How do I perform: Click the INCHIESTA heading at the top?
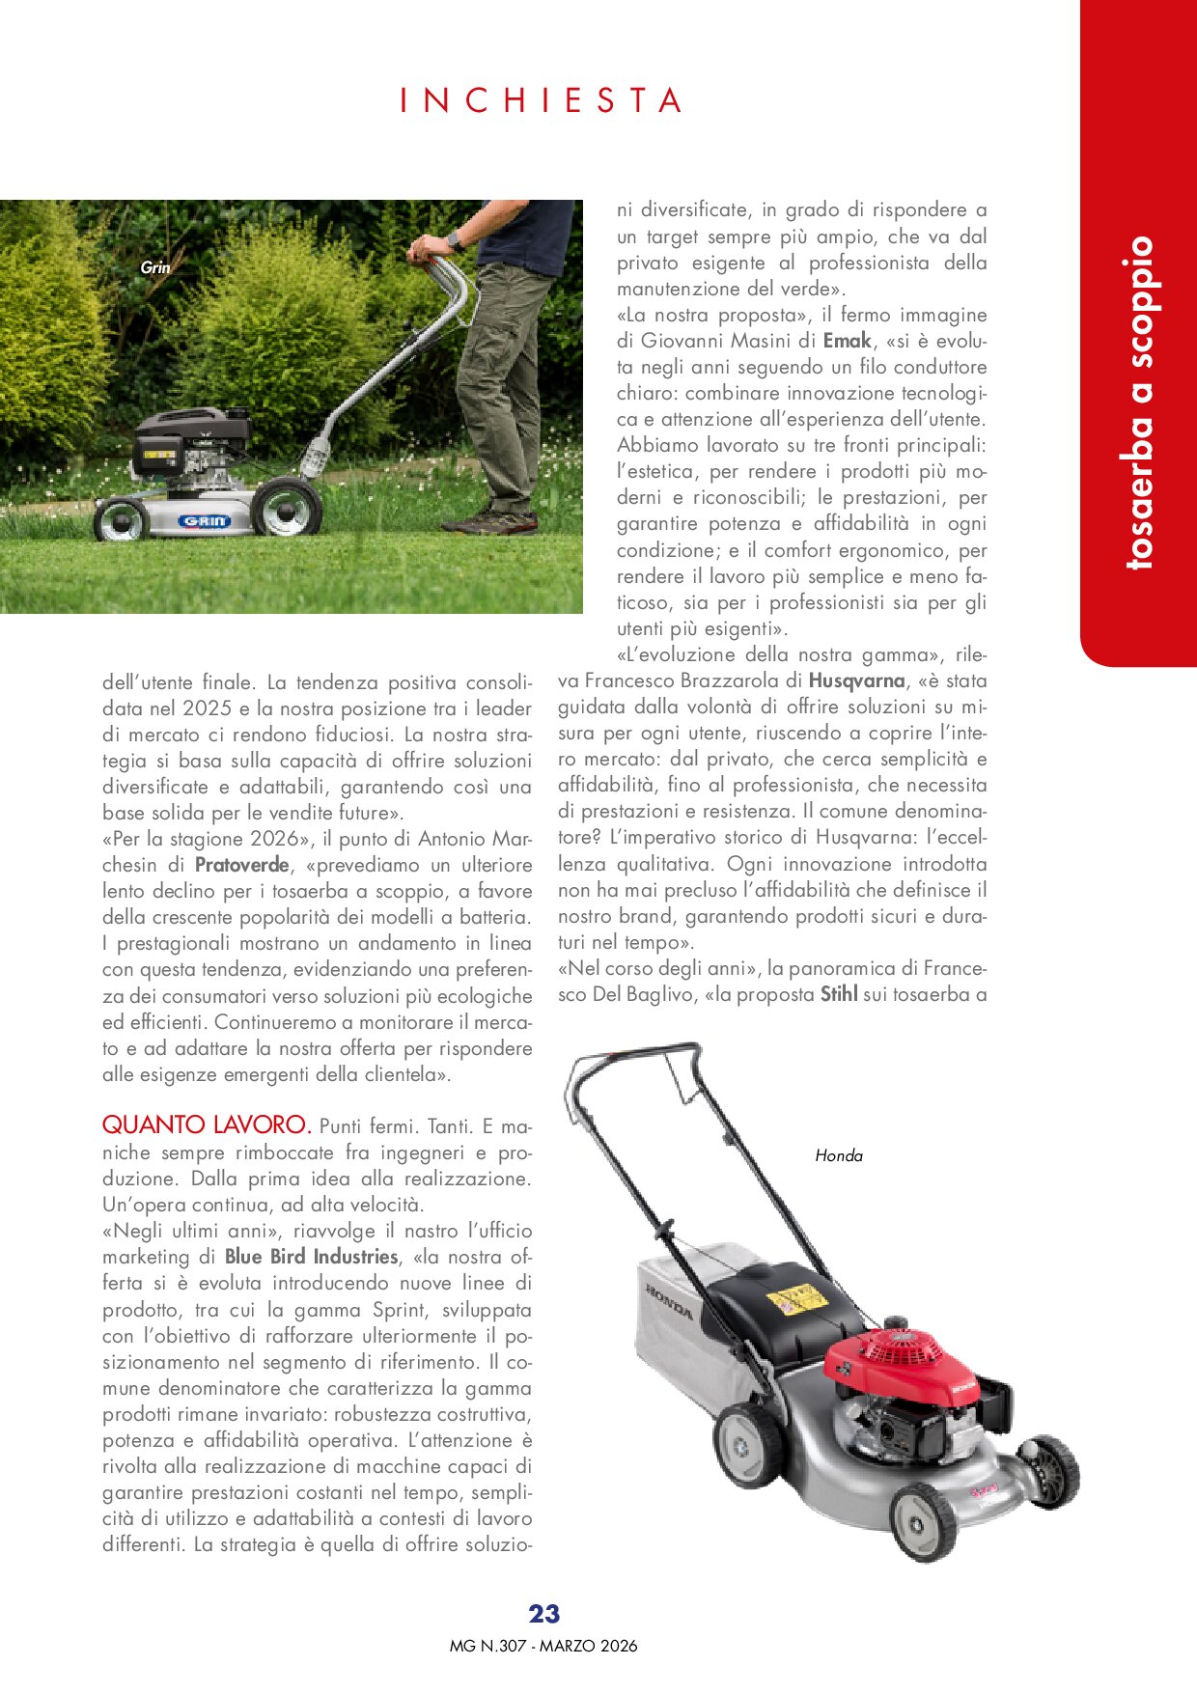click(542, 100)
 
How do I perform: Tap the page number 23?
click(544, 1614)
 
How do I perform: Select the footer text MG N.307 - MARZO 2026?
click(543, 1646)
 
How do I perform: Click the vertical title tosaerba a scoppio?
click(1139, 402)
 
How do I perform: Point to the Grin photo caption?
click(154, 267)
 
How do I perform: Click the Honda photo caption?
click(839, 1155)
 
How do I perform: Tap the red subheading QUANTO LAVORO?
click(207, 1124)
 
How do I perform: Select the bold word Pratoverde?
click(241, 865)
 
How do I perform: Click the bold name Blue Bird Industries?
click(311, 1257)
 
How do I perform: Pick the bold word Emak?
click(847, 341)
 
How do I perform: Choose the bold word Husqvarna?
click(856, 680)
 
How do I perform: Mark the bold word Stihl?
click(839, 994)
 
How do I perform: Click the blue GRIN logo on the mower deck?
click(204, 521)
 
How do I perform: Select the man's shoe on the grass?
click(490, 522)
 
